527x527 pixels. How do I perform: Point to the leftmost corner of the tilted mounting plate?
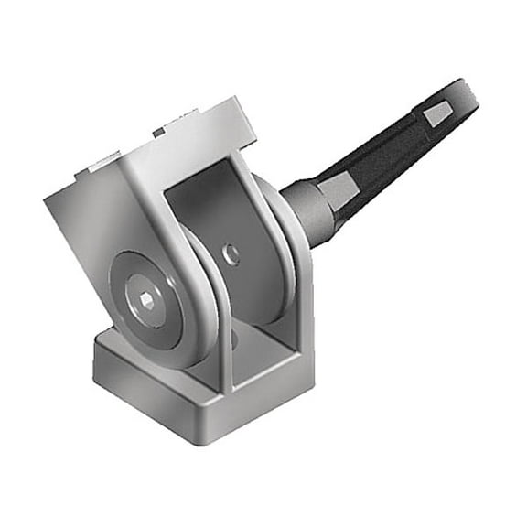click(x=46, y=197)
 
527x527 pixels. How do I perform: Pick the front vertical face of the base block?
click(x=146, y=403)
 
